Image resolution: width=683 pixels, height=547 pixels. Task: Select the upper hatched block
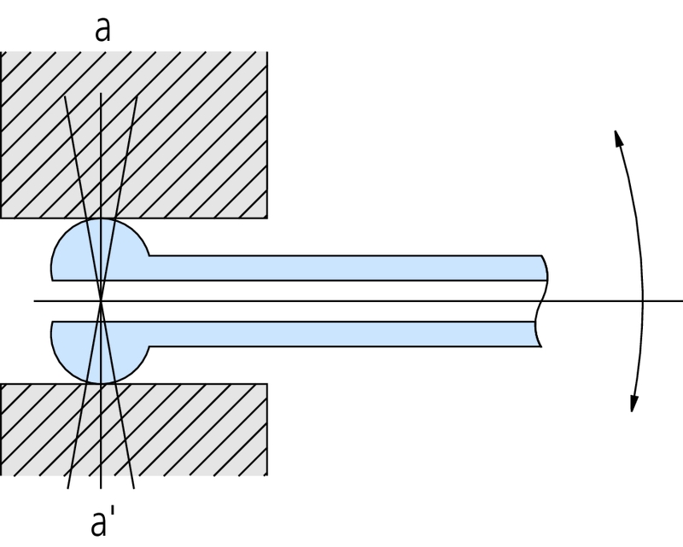coord(188,128)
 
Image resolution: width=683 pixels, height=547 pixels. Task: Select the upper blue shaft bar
coord(341,267)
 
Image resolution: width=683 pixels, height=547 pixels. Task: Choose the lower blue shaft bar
coord(341,333)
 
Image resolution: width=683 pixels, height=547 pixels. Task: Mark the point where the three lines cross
coord(101,300)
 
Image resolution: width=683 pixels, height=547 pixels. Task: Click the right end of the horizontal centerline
coord(681,300)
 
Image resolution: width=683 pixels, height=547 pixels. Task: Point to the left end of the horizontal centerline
coord(35,300)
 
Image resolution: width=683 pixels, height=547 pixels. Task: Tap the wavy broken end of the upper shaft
coord(544,268)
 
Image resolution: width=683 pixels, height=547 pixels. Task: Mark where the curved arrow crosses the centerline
coord(641,300)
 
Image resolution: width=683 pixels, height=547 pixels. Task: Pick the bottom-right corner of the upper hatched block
coord(268,218)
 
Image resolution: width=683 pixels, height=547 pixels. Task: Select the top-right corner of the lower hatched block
coord(268,383)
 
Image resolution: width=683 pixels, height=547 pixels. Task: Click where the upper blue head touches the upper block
coord(101,218)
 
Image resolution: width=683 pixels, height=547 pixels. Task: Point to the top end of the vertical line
coord(101,92)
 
